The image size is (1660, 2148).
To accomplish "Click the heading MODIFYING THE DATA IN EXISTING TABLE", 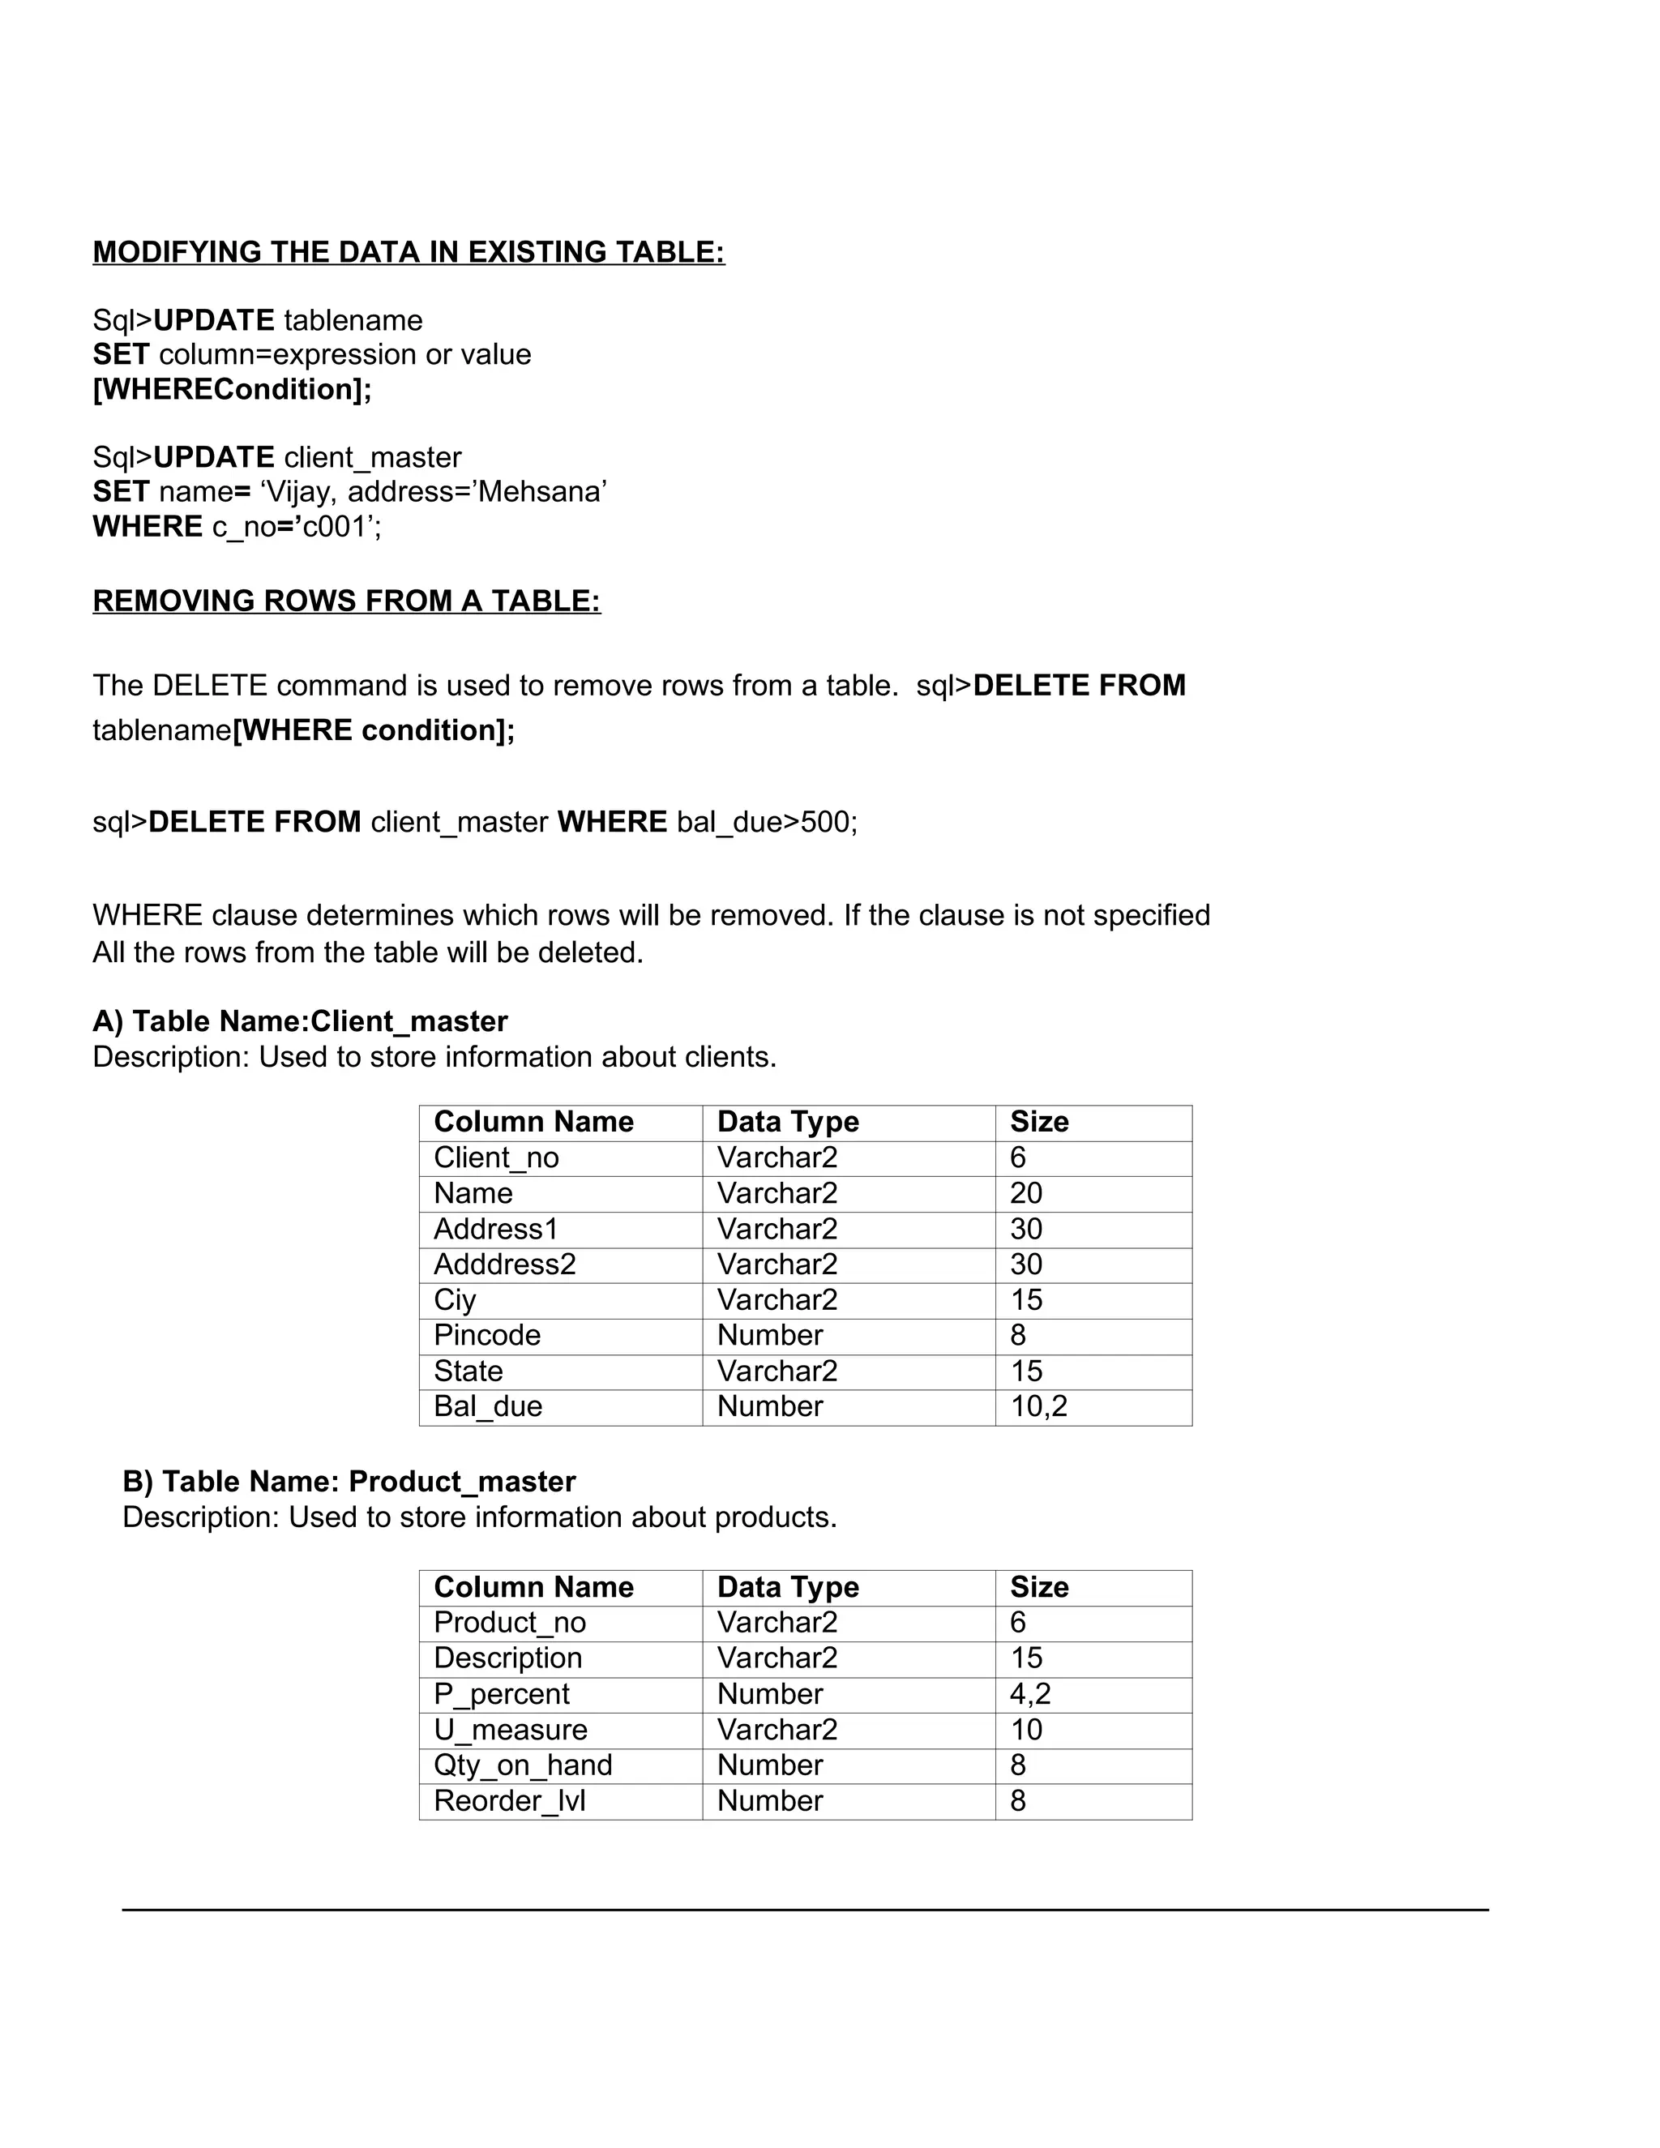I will [409, 252].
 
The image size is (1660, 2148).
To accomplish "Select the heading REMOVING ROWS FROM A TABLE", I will [346, 600].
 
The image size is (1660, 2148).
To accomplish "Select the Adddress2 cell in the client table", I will [504, 1264].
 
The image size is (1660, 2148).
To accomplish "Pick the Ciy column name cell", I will [455, 1299].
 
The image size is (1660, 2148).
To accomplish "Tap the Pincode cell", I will [487, 1335].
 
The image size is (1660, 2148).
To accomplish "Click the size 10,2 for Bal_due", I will [1038, 1406].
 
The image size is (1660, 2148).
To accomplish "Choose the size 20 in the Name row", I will [1025, 1193].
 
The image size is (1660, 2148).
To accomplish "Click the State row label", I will [468, 1370].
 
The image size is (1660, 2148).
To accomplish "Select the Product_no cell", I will [509, 1622].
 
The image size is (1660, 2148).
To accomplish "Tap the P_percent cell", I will [502, 1693].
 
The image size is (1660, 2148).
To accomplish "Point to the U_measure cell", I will [511, 1729].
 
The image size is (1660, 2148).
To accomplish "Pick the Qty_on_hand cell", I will [522, 1765].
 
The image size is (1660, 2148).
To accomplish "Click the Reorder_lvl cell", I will [509, 1801].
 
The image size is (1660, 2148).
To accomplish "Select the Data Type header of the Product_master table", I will [788, 1586].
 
